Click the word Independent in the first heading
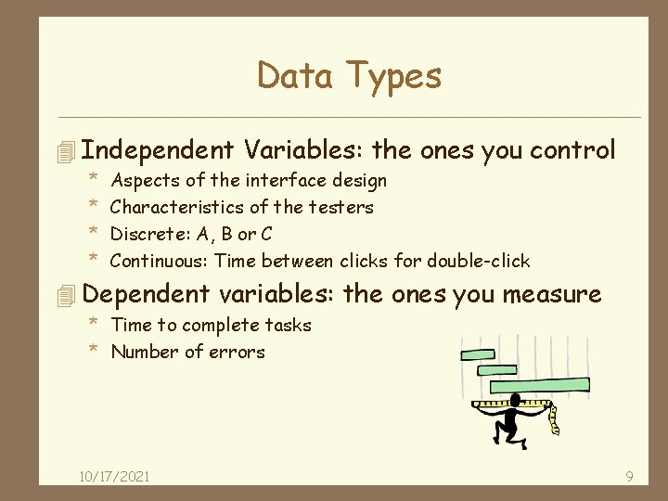158,150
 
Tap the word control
573,150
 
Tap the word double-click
478,261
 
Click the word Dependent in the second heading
146,295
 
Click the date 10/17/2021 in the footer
114,477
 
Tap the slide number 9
629,477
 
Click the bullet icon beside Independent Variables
64,151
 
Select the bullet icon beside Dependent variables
64,296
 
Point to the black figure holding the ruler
508,425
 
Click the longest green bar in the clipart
539,384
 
